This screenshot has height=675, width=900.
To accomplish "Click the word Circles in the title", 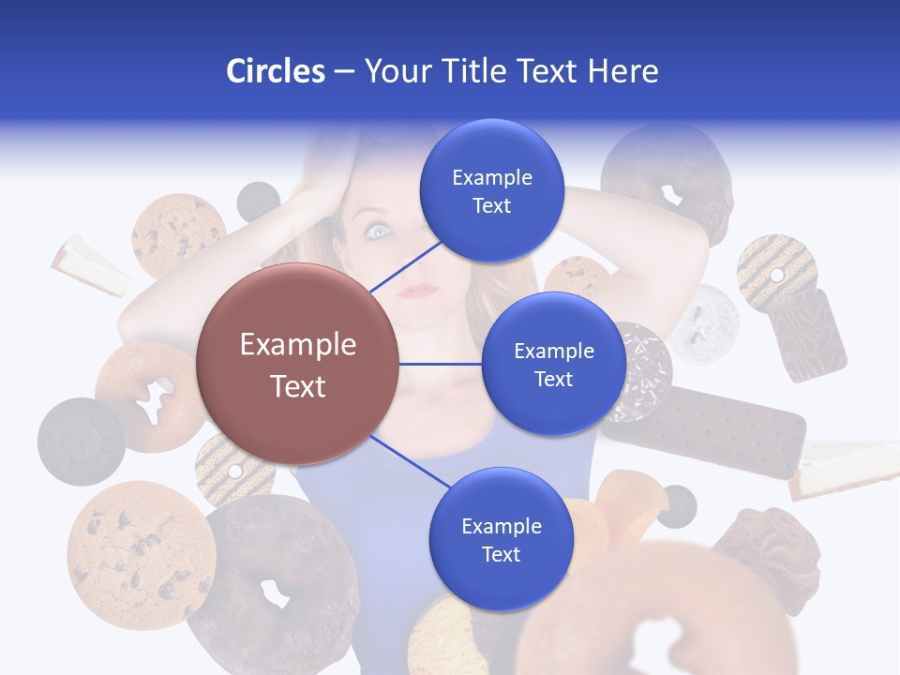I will [275, 71].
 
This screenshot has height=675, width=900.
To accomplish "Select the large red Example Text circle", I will [297, 364].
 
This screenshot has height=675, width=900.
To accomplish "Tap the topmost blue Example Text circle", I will [491, 191].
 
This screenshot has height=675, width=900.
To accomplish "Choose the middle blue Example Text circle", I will [553, 364].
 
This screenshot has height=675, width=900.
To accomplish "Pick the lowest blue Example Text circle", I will [500, 539].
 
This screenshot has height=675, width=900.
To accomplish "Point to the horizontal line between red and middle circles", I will [441, 364].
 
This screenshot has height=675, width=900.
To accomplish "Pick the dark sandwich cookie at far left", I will [81, 441].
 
